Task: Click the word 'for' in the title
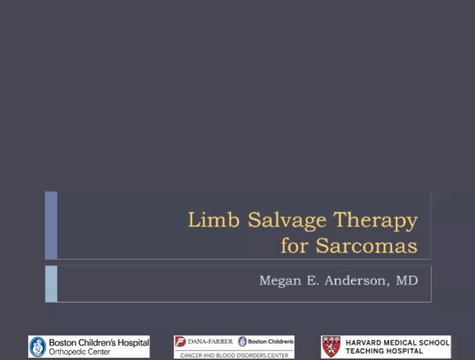[x=296, y=246]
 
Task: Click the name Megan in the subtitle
[x=281, y=281]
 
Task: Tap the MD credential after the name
[x=407, y=281]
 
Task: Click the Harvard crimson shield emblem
[x=331, y=346]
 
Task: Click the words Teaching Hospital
[x=384, y=351]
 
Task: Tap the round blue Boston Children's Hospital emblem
[x=37, y=346]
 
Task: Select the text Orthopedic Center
[x=79, y=352]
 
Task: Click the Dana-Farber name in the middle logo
[x=210, y=341]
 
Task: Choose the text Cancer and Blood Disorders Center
[x=234, y=355]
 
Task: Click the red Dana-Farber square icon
[x=181, y=342]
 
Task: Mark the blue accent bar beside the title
[x=51, y=225]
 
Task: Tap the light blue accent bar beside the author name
[x=51, y=283]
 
